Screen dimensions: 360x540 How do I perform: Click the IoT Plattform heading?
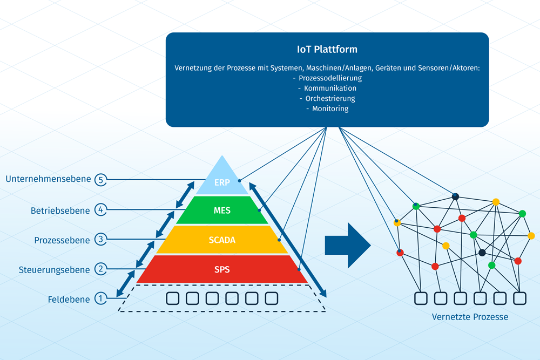[x=327, y=49]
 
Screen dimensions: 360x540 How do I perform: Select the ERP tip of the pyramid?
[x=222, y=181]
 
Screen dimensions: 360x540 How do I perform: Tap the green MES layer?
[x=222, y=210]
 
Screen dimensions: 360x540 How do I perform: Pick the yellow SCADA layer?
[x=222, y=240]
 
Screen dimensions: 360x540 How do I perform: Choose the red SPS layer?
[x=222, y=269]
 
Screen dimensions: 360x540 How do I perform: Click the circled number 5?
[x=100, y=180]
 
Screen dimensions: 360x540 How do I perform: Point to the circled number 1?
[x=100, y=298]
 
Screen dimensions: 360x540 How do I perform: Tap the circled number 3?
[x=100, y=239]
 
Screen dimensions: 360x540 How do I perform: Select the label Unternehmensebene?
[x=48, y=179]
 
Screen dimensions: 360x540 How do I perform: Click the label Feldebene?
[x=68, y=298]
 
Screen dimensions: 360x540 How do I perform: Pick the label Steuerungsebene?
[x=54, y=269]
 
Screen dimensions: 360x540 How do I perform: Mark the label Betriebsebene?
[x=60, y=210]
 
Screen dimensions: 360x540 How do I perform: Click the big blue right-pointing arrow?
[x=347, y=244]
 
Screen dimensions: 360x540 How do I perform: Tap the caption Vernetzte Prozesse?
[x=470, y=317]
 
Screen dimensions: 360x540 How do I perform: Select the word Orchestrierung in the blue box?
[x=330, y=99]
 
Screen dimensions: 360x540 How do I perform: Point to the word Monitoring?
[x=330, y=108]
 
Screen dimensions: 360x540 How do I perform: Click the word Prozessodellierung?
[x=330, y=78]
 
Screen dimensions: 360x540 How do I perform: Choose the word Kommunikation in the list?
[x=330, y=89]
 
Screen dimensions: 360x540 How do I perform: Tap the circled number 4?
[x=100, y=209]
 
